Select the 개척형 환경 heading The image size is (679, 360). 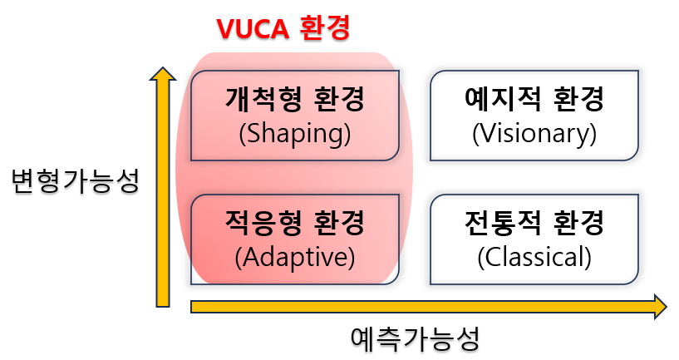(x=294, y=101)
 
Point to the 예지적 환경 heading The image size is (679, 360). (x=534, y=101)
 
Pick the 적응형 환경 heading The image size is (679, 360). (x=294, y=224)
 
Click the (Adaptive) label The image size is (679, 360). (x=294, y=258)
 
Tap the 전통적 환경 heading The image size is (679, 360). (x=534, y=224)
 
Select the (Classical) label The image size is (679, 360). (x=534, y=258)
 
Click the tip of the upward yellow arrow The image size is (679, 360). (x=162, y=70)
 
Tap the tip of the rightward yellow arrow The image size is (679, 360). (x=665, y=306)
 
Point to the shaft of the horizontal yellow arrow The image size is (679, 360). (x=416, y=307)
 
